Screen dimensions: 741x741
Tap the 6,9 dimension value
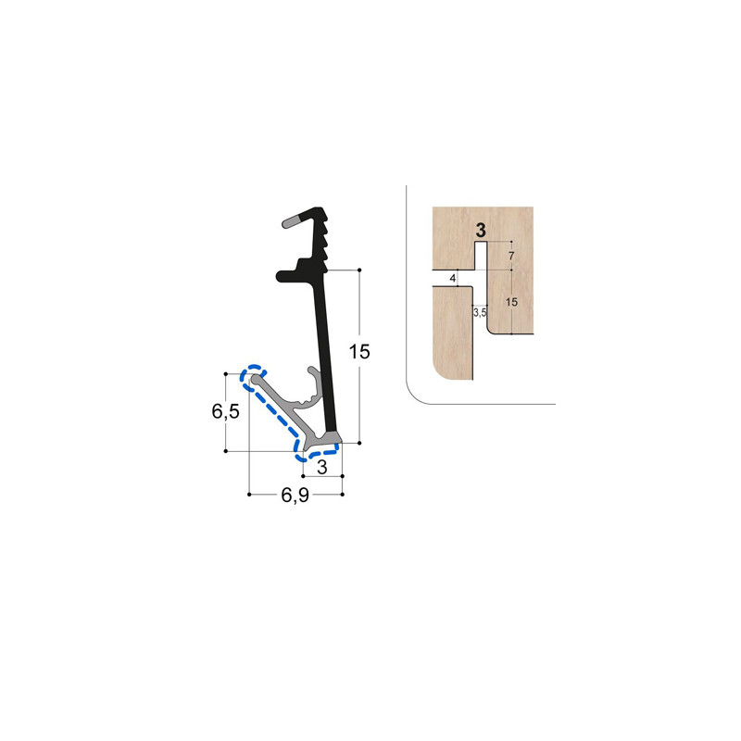point(295,496)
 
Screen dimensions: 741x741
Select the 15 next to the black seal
point(359,351)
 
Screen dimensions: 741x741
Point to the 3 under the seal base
point(321,468)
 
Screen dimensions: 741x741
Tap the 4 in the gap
point(453,278)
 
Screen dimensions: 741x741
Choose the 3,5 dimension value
point(480,313)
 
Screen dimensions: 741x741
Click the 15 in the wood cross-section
point(512,301)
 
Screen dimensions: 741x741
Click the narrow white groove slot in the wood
point(481,256)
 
